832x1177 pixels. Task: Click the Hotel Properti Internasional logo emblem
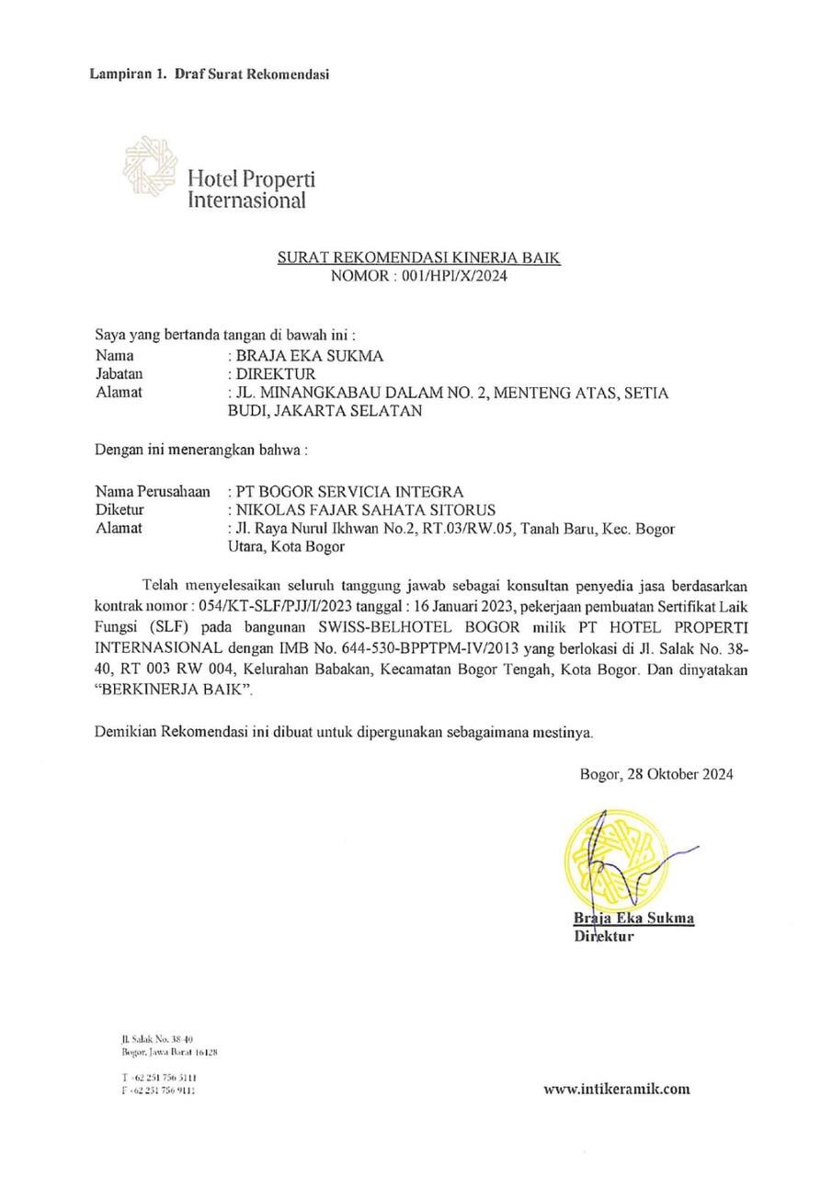coord(151,167)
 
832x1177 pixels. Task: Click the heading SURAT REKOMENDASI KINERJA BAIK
coord(418,259)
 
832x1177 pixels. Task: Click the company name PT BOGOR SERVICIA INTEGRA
coord(350,491)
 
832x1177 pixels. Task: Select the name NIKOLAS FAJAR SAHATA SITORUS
coord(366,509)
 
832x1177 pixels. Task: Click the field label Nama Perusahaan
coord(154,491)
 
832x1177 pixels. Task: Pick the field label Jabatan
coord(120,374)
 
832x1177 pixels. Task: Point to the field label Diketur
coord(120,509)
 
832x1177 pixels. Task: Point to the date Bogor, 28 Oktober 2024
coord(655,774)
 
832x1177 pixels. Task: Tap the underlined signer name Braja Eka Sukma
coord(633,918)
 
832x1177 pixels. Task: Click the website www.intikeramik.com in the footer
coord(616,1090)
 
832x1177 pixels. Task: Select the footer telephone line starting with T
coord(158,1077)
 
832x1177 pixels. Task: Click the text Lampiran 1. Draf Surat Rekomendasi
coord(210,74)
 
